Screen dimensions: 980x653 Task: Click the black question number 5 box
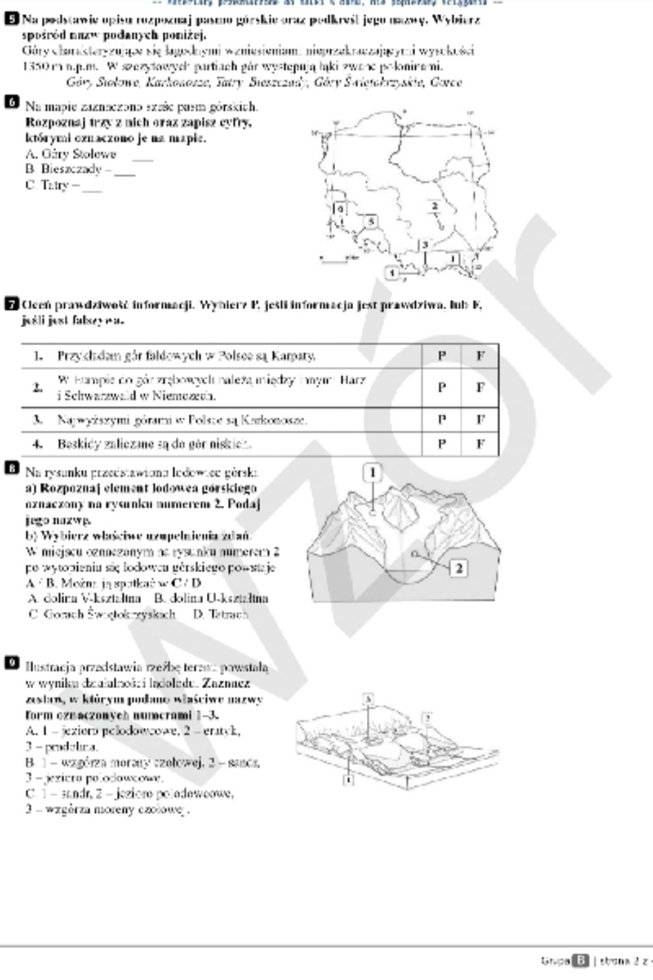click(x=10, y=20)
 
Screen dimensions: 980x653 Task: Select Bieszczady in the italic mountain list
click(x=278, y=83)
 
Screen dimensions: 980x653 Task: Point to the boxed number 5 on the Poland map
click(x=371, y=221)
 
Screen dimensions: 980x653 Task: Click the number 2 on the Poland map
click(x=434, y=206)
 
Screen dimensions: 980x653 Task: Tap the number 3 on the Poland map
click(x=424, y=245)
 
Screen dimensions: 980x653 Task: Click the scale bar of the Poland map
click(x=333, y=260)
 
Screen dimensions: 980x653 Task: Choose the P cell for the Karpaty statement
click(x=441, y=356)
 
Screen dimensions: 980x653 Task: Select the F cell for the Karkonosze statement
click(x=480, y=420)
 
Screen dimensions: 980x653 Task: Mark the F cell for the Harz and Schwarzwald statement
click(x=480, y=387)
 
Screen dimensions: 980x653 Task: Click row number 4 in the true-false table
click(x=37, y=444)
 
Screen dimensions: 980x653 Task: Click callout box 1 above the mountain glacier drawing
click(x=373, y=473)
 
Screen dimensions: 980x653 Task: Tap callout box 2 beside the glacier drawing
click(x=459, y=568)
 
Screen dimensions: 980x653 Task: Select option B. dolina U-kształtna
click(x=211, y=598)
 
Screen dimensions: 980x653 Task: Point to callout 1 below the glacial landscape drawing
click(x=349, y=780)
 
